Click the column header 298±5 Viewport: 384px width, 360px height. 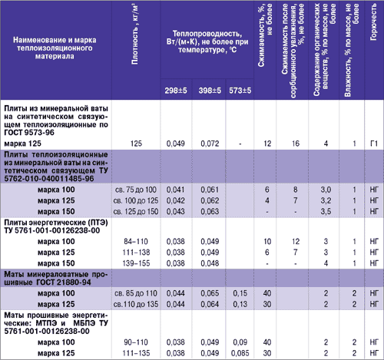pyautogui.click(x=176, y=91)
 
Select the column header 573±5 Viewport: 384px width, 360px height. pyautogui.click(x=240, y=91)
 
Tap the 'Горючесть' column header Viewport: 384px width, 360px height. pyautogui.click(x=373, y=22)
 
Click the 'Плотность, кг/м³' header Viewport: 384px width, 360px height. pyautogui.click(x=135, y=34)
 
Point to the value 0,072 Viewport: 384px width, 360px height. pyautogui.click(x=210, y=144)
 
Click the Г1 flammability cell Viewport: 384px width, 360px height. pyautogui.click(x=374, y=144)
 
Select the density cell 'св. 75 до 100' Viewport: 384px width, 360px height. pyautogui.click(x=136, y=190)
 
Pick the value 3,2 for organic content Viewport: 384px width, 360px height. pyautogui.click(x=326, y=200)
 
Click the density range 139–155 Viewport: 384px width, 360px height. pyautogui.click(x=136, y=263)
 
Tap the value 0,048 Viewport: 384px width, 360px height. pyautogui.click(x=210, y=263)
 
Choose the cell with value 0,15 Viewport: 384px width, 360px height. pyautogui.click(x=240, y=293)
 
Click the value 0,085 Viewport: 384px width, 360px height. pyautogui.click(x=240, y=353)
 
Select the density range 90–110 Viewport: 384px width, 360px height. pyautogui.click(x=136, y=342)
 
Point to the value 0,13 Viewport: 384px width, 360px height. pyautogui.click(x=240, y=304)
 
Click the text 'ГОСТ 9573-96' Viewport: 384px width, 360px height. pyautogui.click(x=29, y=133)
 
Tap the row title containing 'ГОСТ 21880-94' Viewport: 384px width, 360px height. pyautogui.click(x=56, y=279)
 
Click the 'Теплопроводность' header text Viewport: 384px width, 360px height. pyautogui.click(x=207, y=34)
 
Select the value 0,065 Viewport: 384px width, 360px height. pyautogui.click(x=210, y=293)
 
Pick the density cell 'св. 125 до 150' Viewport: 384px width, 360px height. pyautogui.click(x=136, y=212)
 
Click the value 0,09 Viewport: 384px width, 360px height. pyautogui.click(x=240, y=342)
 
